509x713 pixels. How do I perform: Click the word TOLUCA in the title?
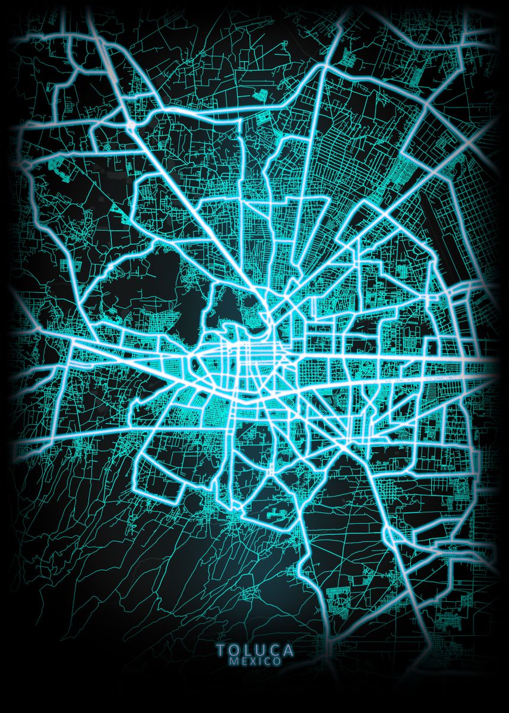click(255, 651)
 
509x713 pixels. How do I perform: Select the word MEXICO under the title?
click(255, 661)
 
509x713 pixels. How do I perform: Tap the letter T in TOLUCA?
click(220, 651)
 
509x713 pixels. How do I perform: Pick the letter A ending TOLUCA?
click(288, 651)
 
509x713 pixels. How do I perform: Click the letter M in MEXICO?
click(233, 661)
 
